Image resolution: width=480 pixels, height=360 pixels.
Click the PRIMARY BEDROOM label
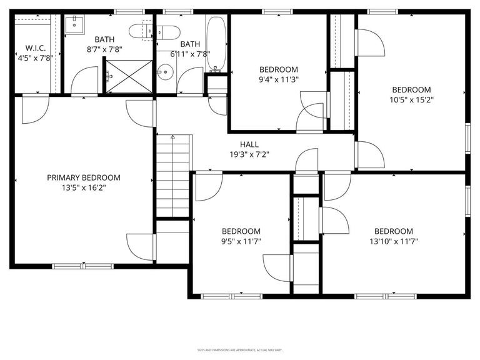click(84, 177)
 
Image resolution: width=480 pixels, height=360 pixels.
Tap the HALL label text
click(249, 144)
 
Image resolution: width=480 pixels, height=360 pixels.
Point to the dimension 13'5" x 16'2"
click(84, 187)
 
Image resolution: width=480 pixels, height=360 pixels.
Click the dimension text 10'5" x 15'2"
click(412, 99)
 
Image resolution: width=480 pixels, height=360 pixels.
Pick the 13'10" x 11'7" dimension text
click(394, 241)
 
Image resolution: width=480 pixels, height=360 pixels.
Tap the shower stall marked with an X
click(129, 76)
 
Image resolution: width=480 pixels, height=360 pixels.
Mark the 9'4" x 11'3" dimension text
click(279, 79)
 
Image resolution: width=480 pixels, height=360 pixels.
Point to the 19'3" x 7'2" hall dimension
click(249, 154)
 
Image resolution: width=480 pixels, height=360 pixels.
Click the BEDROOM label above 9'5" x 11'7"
click(241, 231)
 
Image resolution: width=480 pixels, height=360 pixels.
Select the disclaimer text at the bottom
click(239, 349)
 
